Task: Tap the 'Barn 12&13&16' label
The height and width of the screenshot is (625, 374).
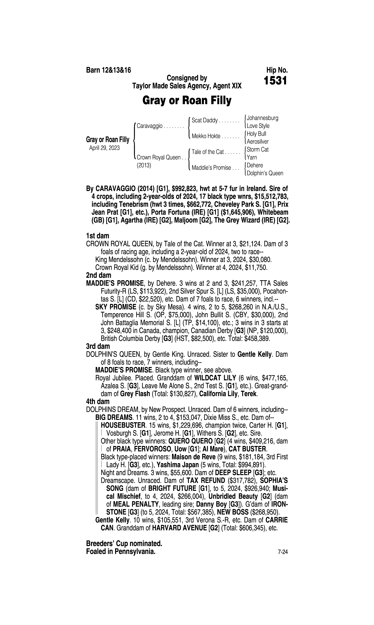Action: coord(109,70)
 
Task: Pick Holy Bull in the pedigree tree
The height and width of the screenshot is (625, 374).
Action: coord(256,134)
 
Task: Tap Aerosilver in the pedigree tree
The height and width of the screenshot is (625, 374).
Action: coord(258,142)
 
